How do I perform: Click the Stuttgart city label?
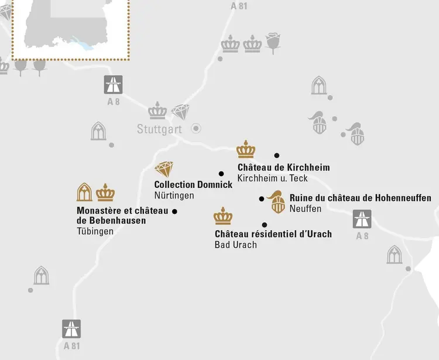[160, 129]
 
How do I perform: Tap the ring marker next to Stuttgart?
[197, 128]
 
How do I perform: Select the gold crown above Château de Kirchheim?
[246, 149]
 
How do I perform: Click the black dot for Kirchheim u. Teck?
[277, 156]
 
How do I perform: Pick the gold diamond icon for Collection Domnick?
[164, 170]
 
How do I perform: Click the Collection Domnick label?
[193, 184]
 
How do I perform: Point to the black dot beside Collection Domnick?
[221, 173]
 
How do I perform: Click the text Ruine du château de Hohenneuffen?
[360, 198]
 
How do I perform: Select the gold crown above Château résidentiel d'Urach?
[223, 216]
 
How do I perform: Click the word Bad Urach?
[235, 245]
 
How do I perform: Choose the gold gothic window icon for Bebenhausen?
[85, 192]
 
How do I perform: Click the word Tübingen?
[95, 231]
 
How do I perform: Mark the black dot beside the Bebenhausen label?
[174, 211]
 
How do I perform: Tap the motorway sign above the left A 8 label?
[113, 84]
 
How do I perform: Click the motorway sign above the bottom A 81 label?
[71, 328]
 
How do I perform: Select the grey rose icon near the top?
[273, 42]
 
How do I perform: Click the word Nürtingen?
[174, 195]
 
